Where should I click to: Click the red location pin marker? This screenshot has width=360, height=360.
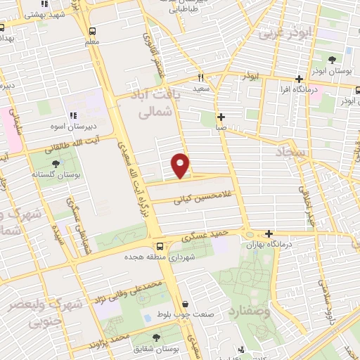(181, 165)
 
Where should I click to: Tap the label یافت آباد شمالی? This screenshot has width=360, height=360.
(156, 102)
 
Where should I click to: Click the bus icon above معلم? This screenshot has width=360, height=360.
(92, 31)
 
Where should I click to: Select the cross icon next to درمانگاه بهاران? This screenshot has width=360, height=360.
(269, 233)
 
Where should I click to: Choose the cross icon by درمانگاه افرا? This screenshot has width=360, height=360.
(300, 79)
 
